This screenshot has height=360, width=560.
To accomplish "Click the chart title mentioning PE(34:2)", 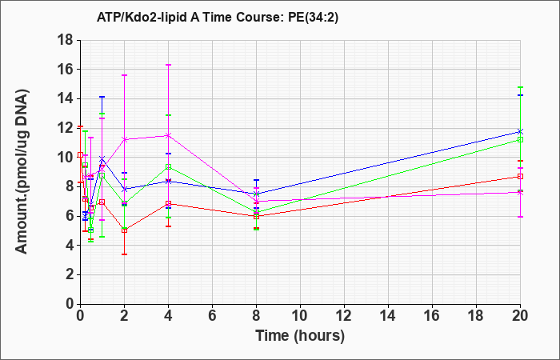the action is pyautogui.click(x=217, y=17).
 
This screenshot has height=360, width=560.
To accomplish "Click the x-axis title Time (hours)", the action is pyautogui.click(x=300, y=336).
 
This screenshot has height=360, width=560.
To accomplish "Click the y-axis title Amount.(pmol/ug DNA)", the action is pyautogui.click(x=22, y=172).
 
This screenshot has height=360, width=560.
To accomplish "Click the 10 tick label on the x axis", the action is pyautogui.click(x=300, y=316).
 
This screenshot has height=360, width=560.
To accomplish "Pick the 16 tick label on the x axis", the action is pyautogui.click(x=432, y=316).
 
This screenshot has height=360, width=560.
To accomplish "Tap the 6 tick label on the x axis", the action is pyautogui.click(x=212, y=316).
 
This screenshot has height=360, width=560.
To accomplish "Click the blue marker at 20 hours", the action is pyautogui.click(x=520, y=131).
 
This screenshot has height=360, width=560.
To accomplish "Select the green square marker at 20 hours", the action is pyautogui.click(x=520, y=140).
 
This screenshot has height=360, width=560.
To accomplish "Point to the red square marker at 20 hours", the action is pyautogui.click(x=520, y=177).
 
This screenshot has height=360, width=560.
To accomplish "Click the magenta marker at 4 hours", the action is pyautogui.click(x=168, y=135).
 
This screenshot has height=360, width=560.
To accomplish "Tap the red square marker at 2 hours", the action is pyautogui.click(x=124, y=230).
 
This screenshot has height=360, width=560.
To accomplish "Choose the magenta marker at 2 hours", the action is pyautogui.click(x=124, y=139).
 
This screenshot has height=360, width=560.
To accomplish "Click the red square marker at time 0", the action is pyautogui.click(x=80, y=154).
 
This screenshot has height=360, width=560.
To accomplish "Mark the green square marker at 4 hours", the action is pyautogui.click(x=168, y=166).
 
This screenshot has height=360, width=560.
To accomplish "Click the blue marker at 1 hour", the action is pyautogui.click(x=102, y=158).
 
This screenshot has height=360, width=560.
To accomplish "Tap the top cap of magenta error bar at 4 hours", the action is pyautogui.click(x=168, y=65).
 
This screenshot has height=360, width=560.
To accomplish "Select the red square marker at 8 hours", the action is pyautogui.click(x=256, y=217).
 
